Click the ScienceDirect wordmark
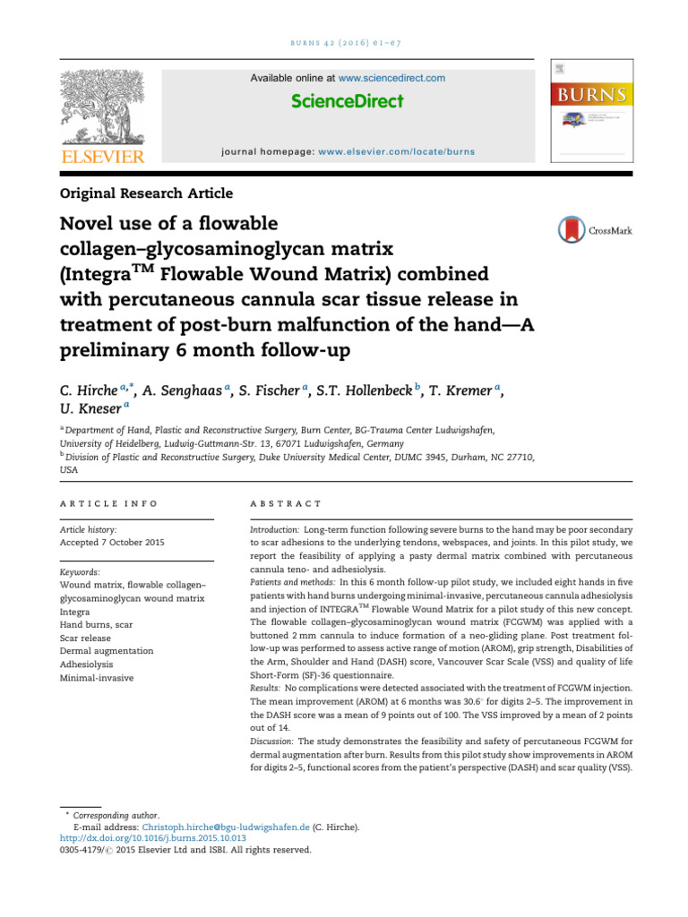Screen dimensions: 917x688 (x=348, y=101)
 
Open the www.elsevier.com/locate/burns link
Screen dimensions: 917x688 (x=397, y=152)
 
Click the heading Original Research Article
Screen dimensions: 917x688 (x=146, y=193)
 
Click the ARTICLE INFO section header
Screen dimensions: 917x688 (x=108, y=504)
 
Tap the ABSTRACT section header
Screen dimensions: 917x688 (x=286, y=504)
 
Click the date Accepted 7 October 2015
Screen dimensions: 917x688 (x=112, y=542)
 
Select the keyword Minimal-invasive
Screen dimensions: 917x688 (x=96, y=678)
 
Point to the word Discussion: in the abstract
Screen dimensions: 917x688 (x=271, y=741)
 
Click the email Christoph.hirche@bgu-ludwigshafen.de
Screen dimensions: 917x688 (x=232, y=827)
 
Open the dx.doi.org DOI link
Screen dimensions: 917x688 (x=141, y=839)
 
